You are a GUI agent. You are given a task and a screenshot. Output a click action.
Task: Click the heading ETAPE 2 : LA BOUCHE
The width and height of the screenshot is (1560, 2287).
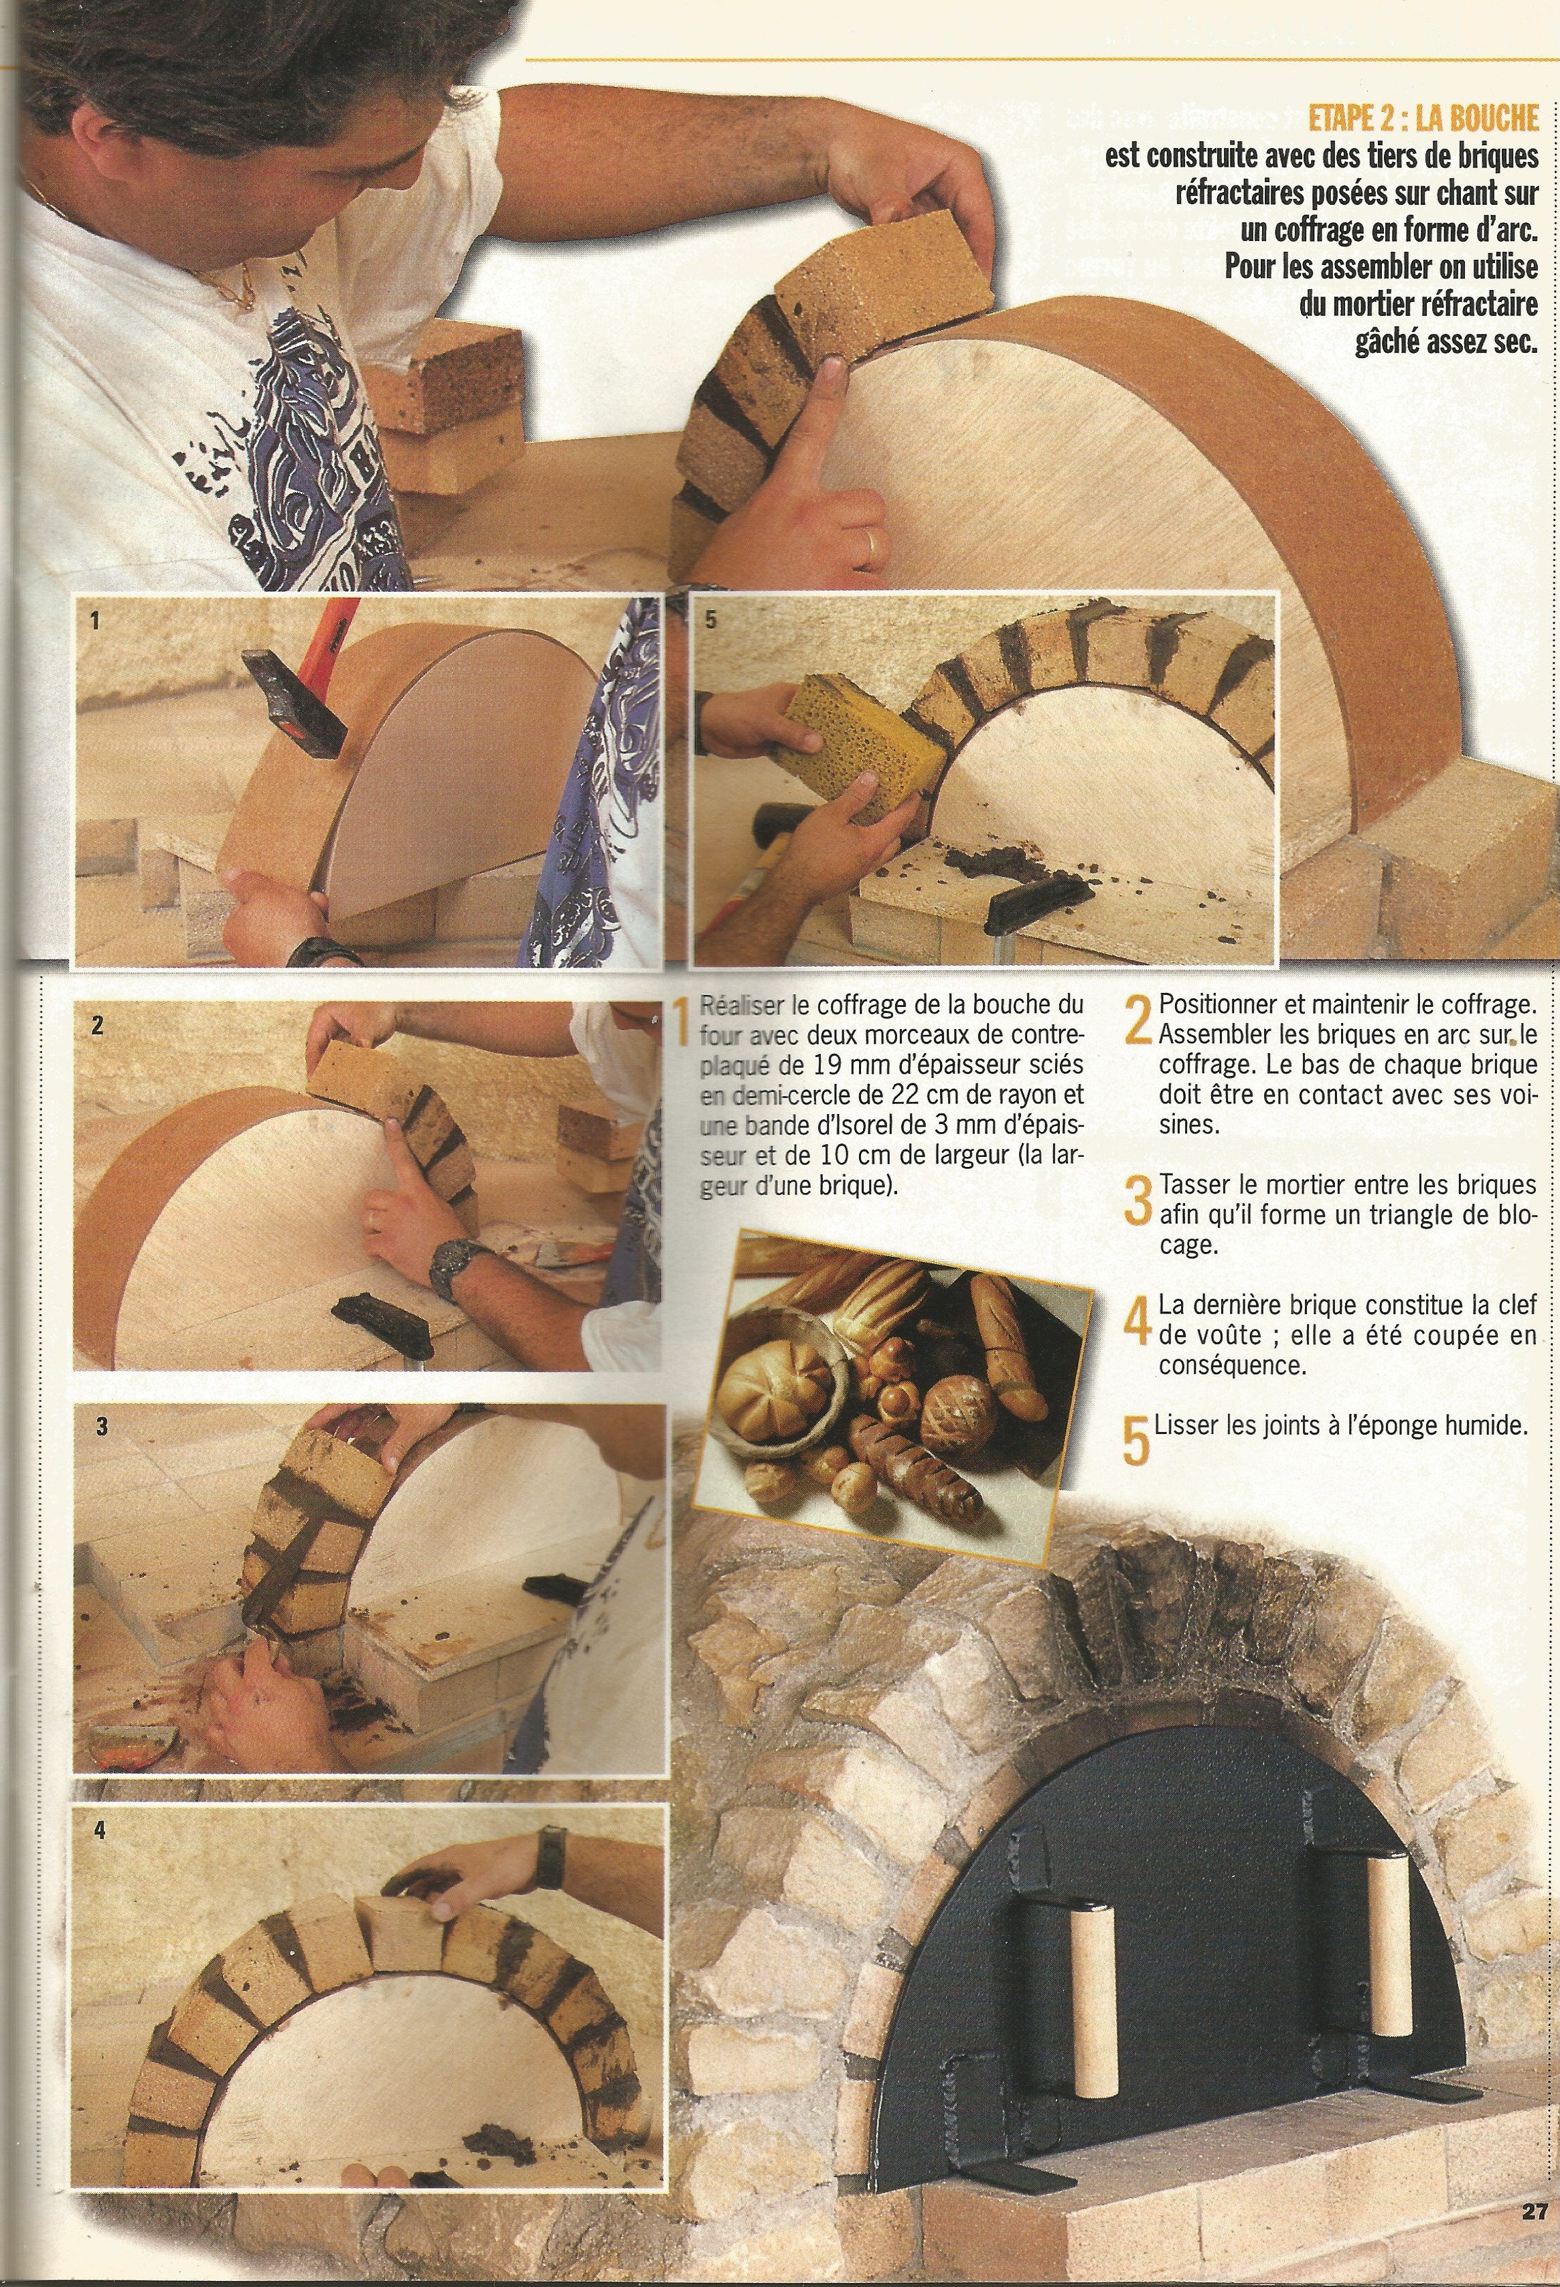tap(1422, 119)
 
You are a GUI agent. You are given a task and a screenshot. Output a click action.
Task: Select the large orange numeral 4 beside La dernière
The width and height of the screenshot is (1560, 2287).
tap(1137, 1321)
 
